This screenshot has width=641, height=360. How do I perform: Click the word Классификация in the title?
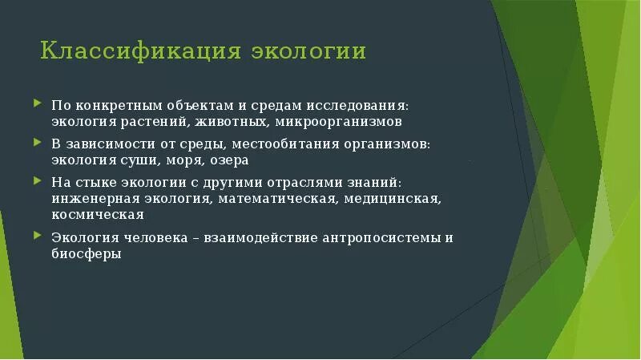coord(140,52)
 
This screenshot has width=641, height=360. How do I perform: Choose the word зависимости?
coord(108,144)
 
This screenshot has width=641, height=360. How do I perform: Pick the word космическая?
coord(98,214)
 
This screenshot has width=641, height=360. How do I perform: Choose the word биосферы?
coord(87,253)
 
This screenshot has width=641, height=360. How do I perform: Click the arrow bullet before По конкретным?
coord(38,104)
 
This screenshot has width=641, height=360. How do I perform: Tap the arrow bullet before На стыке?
coord(38,181)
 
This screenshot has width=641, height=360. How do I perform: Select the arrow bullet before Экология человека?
coord(38,237)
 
